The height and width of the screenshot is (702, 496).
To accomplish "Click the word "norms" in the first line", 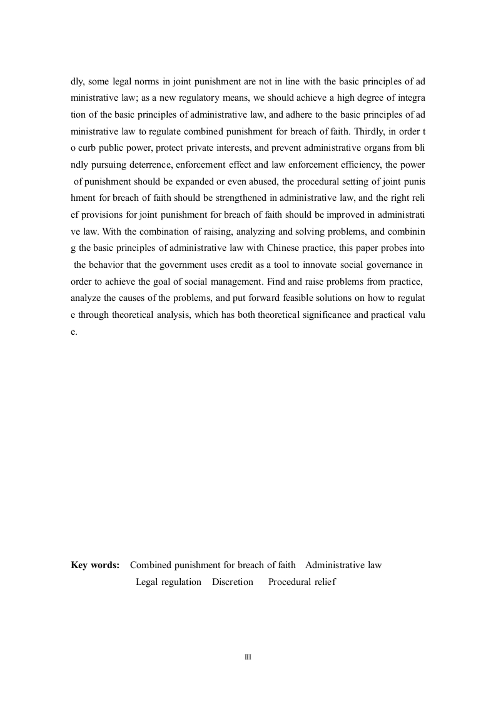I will click(x=139, y=81).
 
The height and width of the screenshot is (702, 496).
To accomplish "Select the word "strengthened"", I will click(x=228, y=198).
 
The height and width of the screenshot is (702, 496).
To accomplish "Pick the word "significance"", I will click(x=325, y=315).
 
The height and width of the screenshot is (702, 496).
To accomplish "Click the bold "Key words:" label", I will click(x=95, y=565).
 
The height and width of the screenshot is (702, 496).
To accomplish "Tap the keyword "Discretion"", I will click(x=233, y=582).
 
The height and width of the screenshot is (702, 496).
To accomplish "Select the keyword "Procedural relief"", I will click(x=301, y=582).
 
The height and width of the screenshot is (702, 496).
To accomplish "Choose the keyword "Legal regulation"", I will click(x=168, y=582).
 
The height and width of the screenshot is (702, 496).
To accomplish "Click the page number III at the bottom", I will click(x=248, y=658).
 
